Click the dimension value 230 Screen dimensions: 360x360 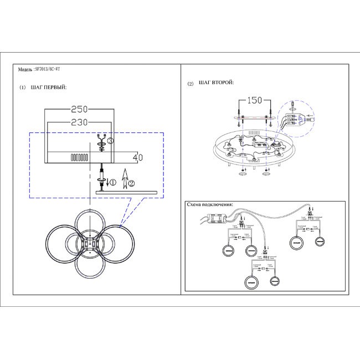(x=80, y=122)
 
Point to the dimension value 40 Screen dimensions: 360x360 (x=138, y=157)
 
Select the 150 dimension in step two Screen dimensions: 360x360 (x=254, y=100)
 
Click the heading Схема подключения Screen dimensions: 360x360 (x=210, y=204)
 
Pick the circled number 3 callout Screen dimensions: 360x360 (x=110, y=142)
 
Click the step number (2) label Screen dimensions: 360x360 (x=191, y=84)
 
